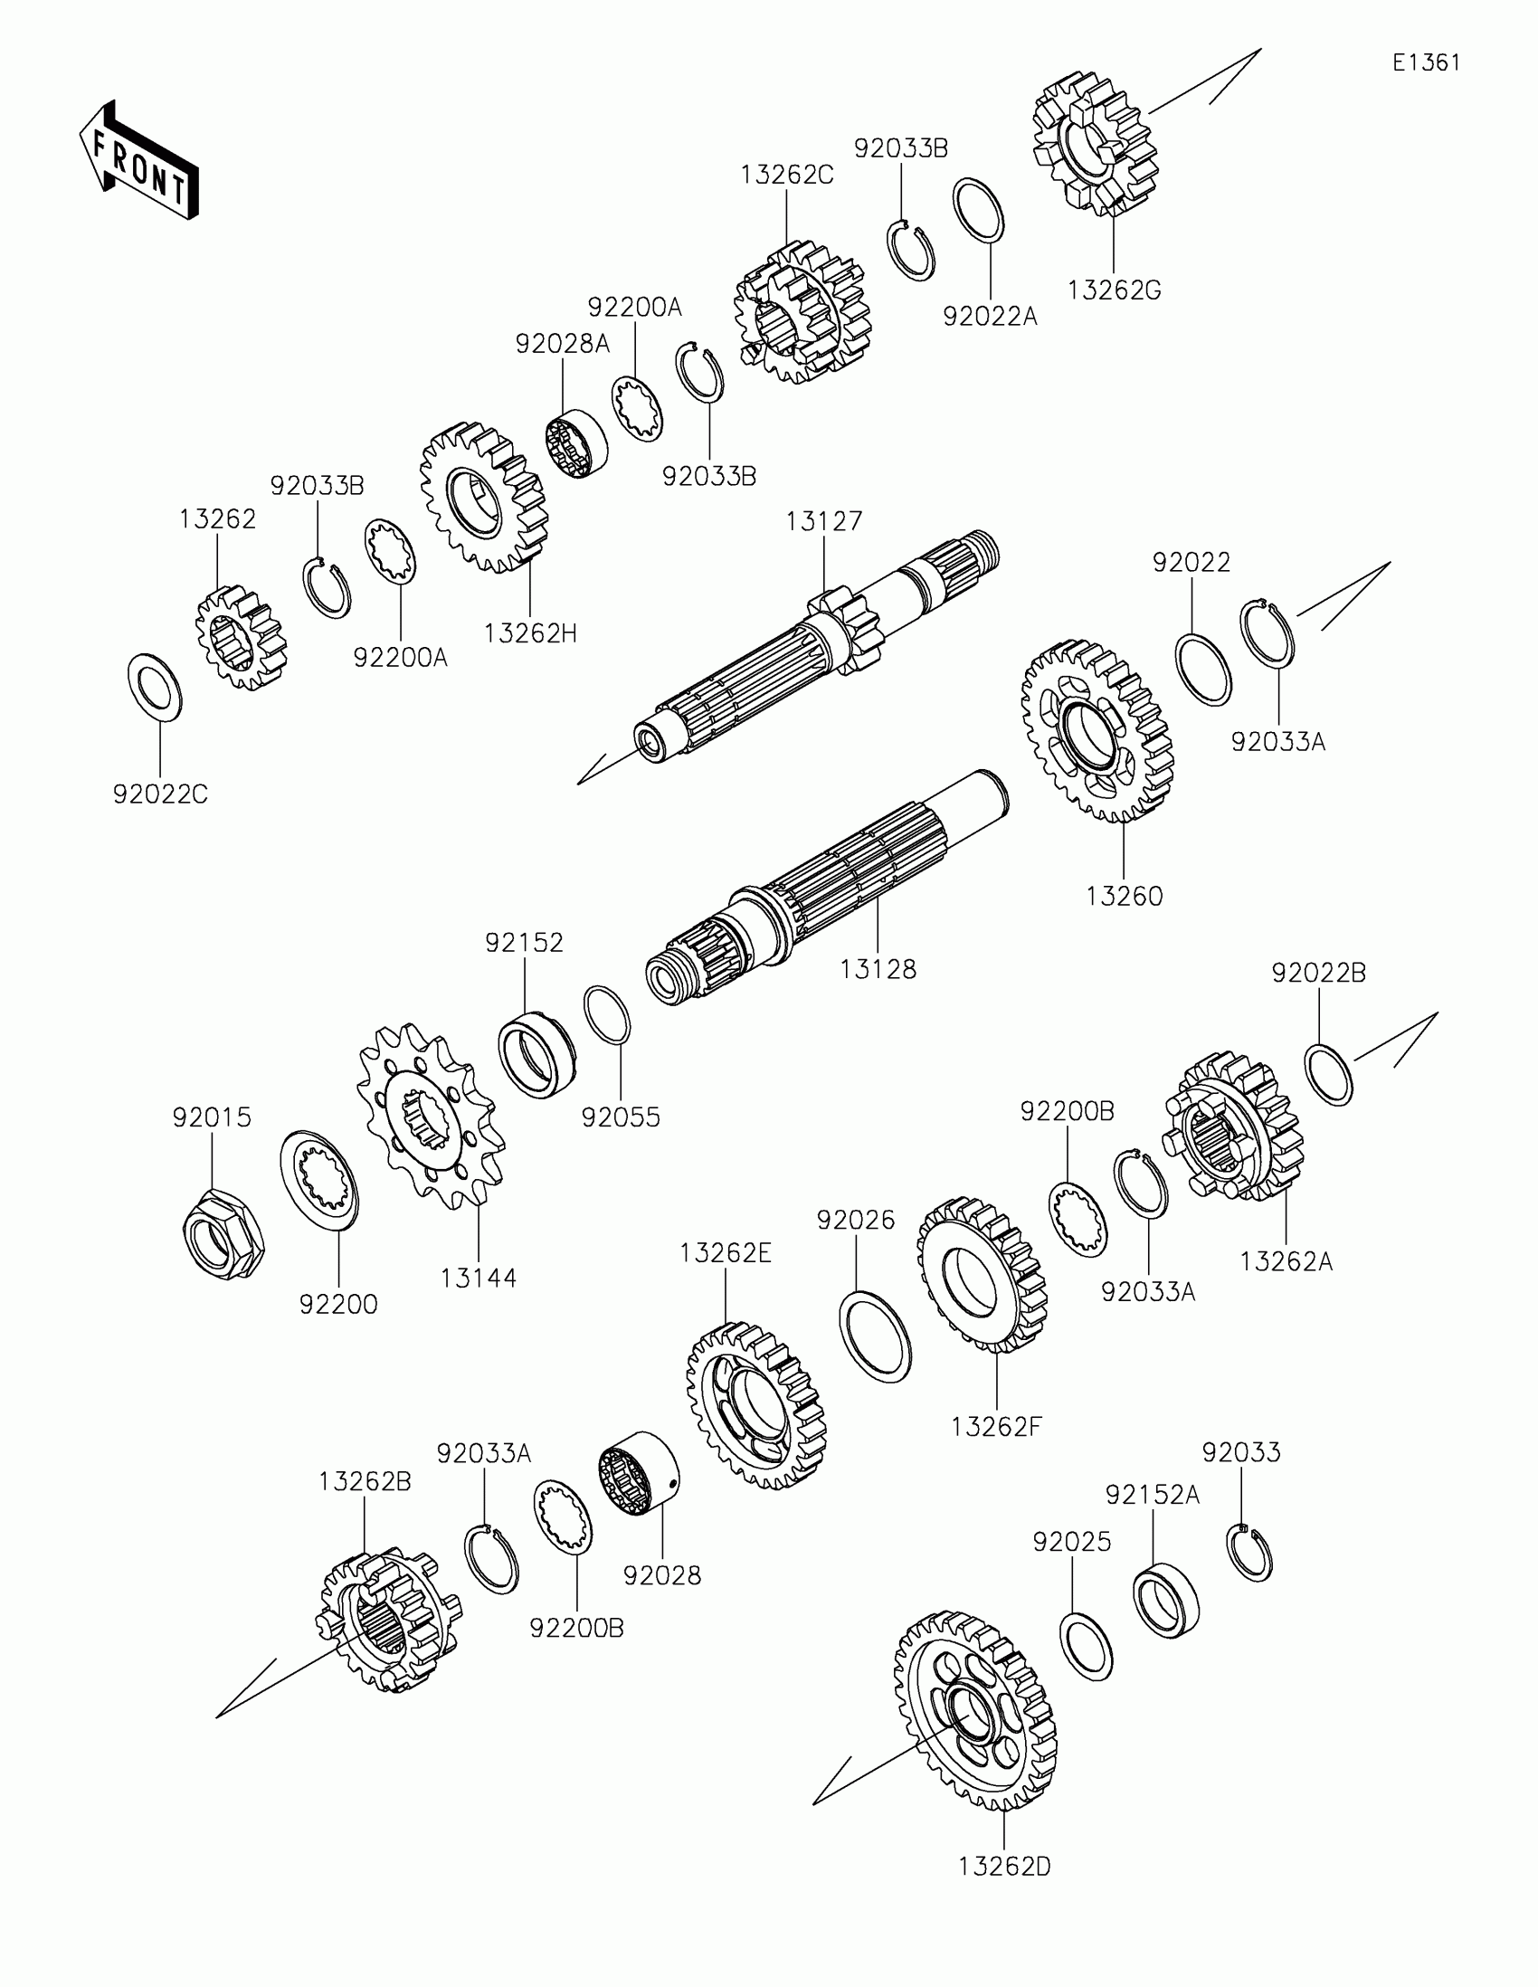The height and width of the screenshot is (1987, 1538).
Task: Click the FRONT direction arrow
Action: click(138, 161)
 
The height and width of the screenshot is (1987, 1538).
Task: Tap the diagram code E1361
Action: click(1426, 62)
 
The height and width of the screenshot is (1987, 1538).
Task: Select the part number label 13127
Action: click(823, 521)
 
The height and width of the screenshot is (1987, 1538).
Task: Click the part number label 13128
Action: click(878, 969)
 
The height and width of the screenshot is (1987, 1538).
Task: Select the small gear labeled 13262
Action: click(240, 638)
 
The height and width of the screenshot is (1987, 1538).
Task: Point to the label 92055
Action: click(622, 1117)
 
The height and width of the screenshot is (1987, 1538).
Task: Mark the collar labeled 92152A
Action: click(1165, 1601)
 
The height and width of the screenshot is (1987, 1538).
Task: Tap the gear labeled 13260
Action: click(1097, 729)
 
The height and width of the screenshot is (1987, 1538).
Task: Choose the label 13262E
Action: click(725, 1254)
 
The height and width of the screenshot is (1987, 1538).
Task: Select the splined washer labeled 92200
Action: click(318, 1179)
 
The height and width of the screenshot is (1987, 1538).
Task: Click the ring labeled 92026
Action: click(874, 1336)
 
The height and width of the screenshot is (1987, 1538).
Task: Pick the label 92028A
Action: click(562, 344)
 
